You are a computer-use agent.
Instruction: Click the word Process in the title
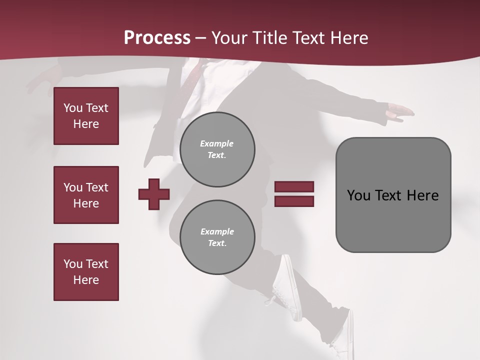pos(157,38)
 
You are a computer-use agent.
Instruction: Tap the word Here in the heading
pos(348,38)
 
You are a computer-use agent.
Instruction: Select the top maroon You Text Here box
pos(86,116)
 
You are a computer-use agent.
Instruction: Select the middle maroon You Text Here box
pos(86,195)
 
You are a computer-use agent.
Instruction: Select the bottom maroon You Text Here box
pos(86,271)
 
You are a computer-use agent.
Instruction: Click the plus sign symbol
pos(154,194)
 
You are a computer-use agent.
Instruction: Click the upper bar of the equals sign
pos(294,187)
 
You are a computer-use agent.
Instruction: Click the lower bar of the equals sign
pos(294,201)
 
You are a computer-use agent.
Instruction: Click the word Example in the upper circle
pos(216,143)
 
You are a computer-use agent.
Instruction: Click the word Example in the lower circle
pos(217,231)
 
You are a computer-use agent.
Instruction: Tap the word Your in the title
pos(229,38)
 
